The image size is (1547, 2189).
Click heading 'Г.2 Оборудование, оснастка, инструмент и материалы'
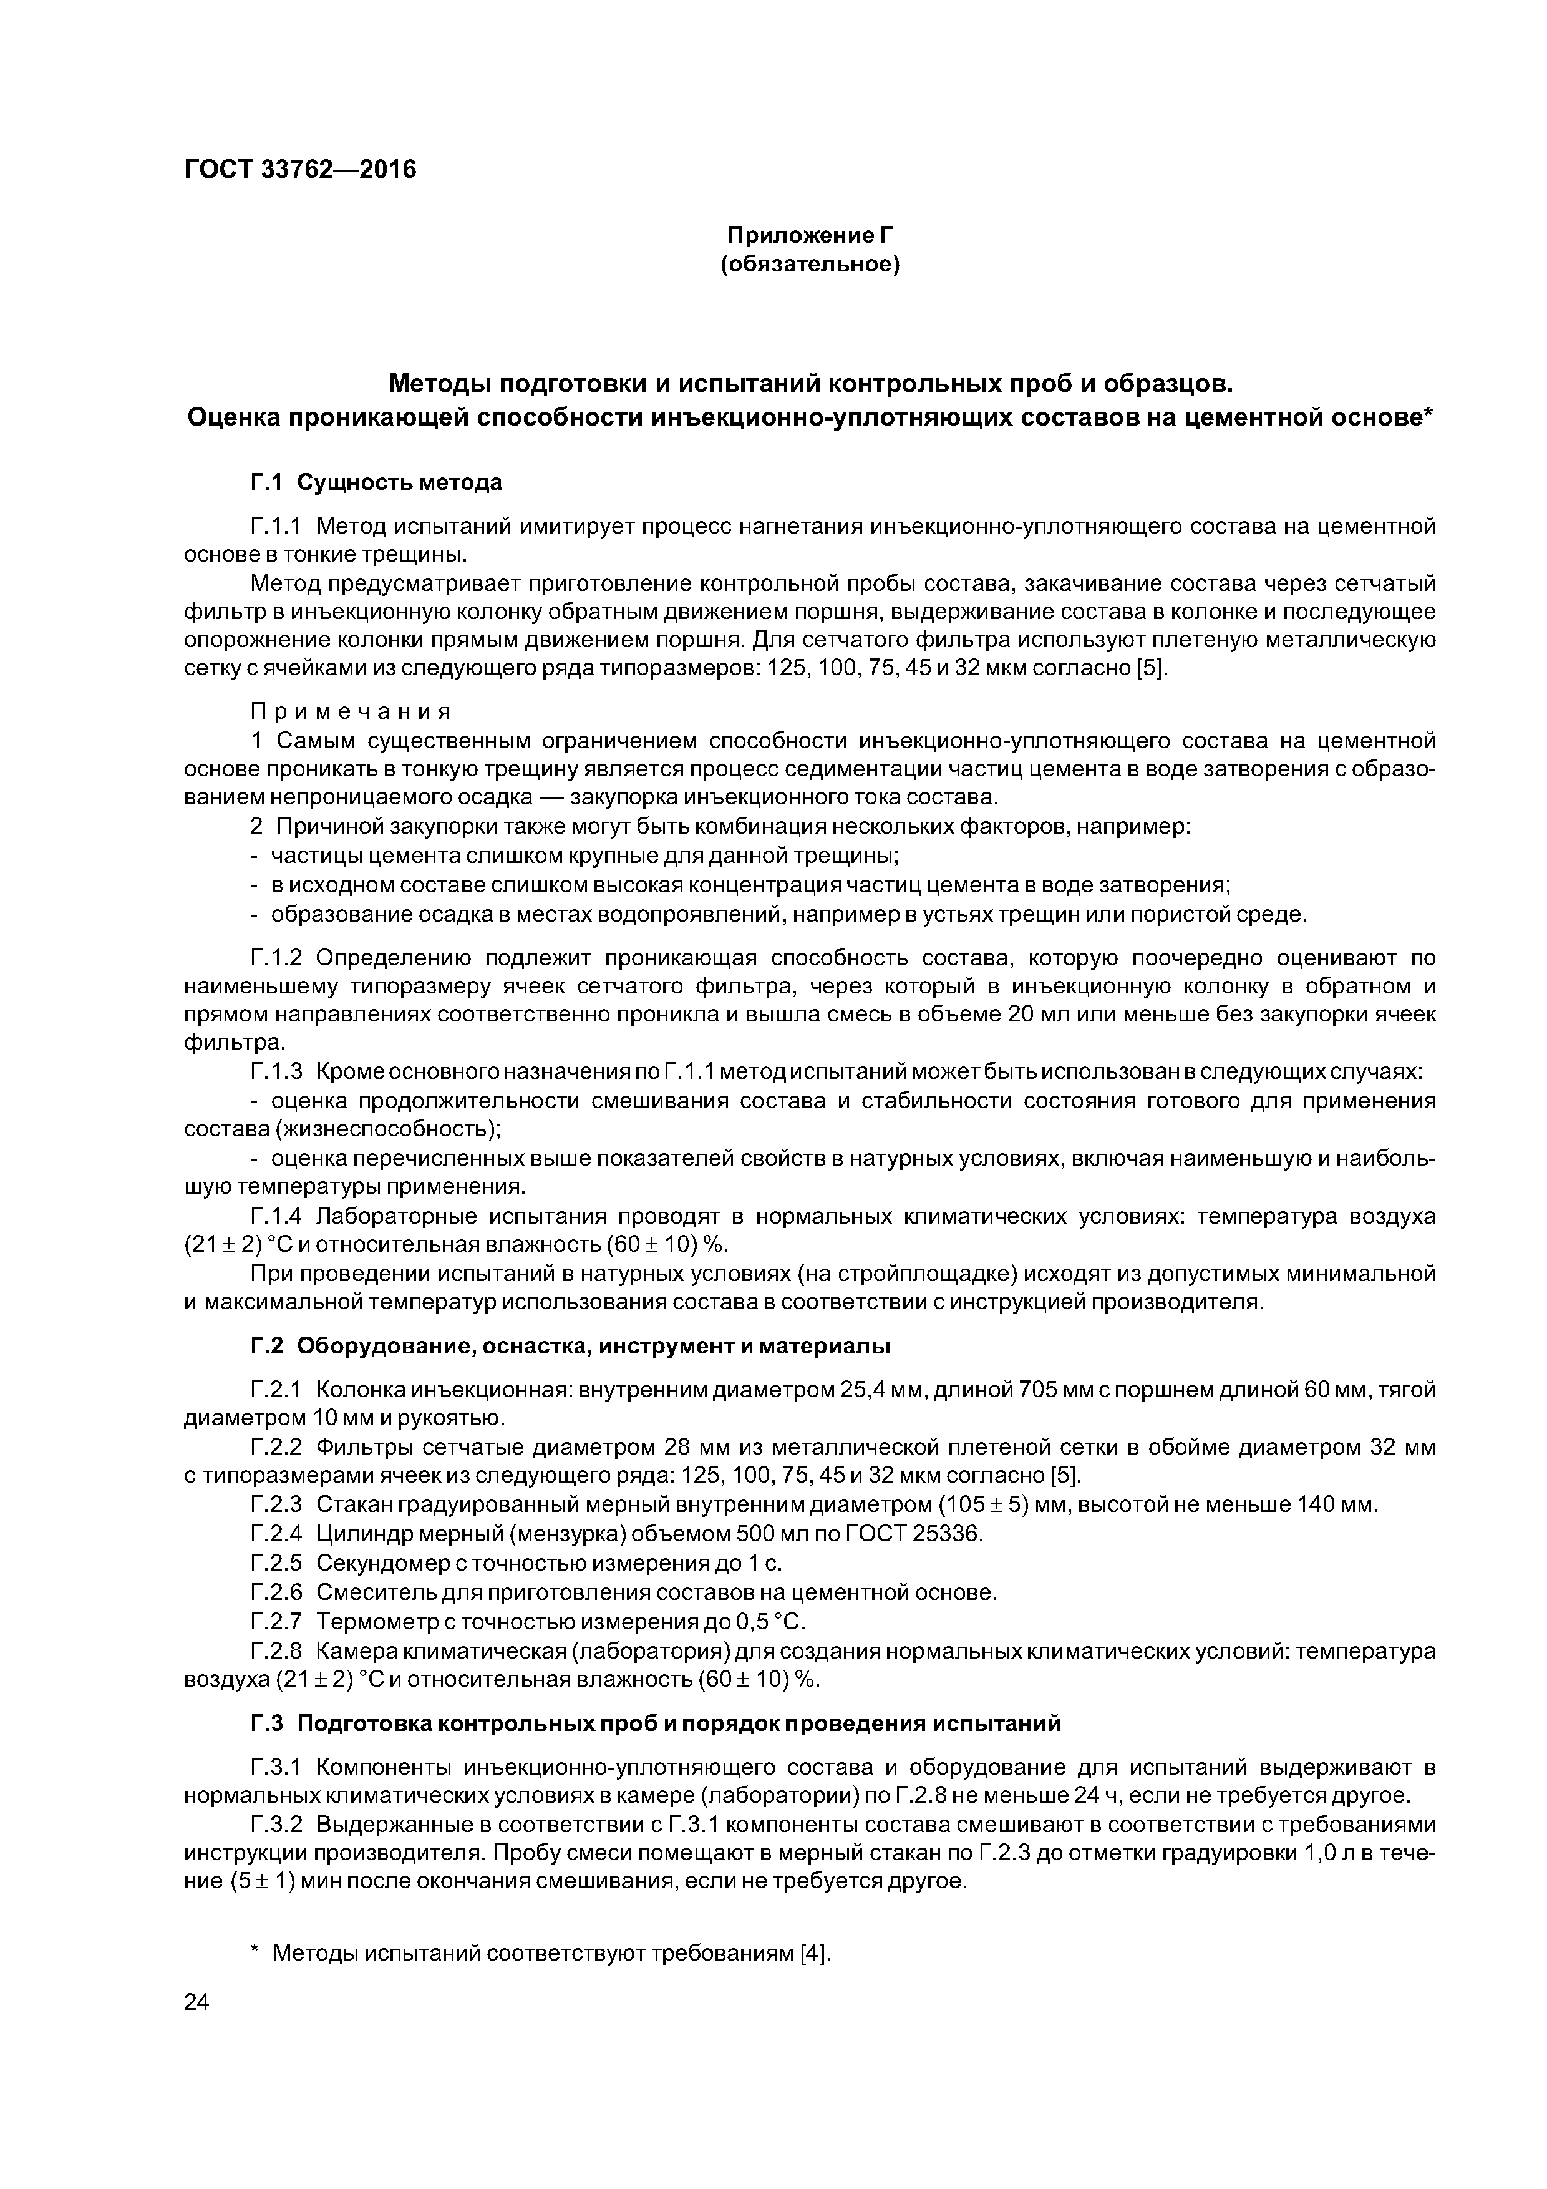tap(570, 1346)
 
